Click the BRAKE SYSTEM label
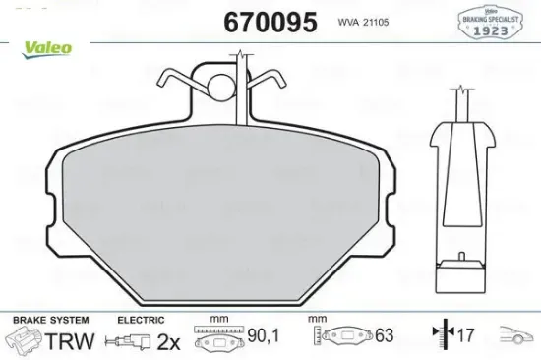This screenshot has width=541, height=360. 49,321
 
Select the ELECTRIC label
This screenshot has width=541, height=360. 139,321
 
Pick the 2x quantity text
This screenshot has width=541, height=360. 170,341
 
